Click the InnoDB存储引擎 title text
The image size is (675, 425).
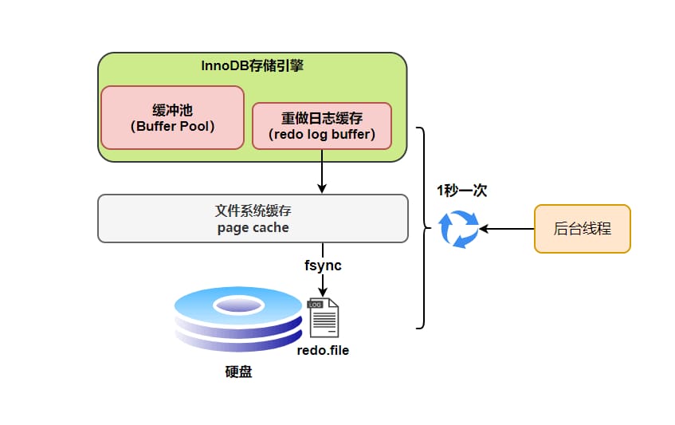[x=253, y=65]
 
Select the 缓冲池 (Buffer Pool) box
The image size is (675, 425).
[x=173, y=117]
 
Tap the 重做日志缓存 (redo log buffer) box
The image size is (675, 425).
[x=322, y=126]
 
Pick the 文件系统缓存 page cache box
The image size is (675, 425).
[x=253, y=218]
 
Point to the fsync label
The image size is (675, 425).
[x=323, y=266]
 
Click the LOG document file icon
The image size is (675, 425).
[x=324, y=317]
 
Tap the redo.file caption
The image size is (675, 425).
[x=323, y=351]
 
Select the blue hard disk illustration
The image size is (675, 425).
[x=238, y=319]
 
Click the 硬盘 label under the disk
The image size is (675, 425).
[x=238, y=372]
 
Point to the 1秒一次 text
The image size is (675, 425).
[x=462, y=191]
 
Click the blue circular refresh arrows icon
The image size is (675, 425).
[x=458, y=229]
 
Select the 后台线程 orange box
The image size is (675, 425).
[x=583, y=229]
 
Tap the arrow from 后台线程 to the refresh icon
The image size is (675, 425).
[x=507, y=229]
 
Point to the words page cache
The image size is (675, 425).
[x=253, y=227]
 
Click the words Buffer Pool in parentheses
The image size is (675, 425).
[x=173, y=126]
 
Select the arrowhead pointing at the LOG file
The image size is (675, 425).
[x=323, y=292]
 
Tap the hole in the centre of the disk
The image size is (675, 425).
[x=238, y=305]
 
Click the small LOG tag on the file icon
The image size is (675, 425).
[x=315, y=305]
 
